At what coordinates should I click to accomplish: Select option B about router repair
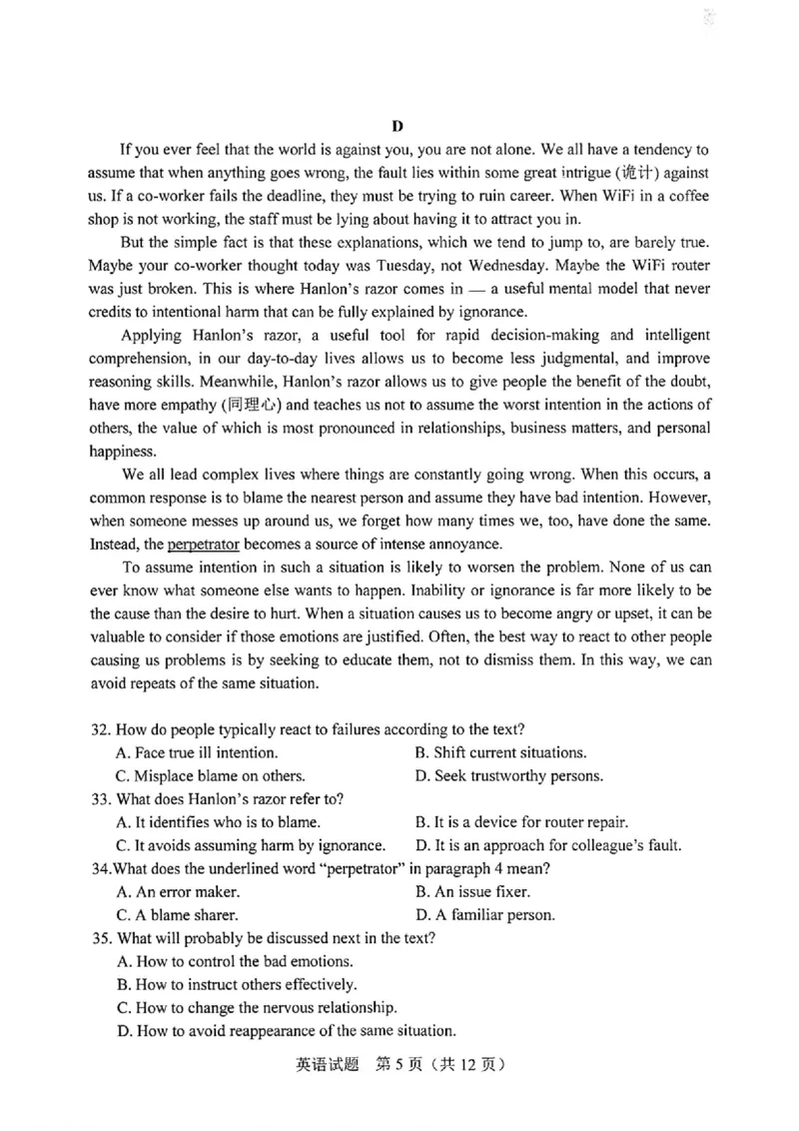pos(520,822)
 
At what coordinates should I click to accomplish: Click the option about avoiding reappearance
pos(287,1030)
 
